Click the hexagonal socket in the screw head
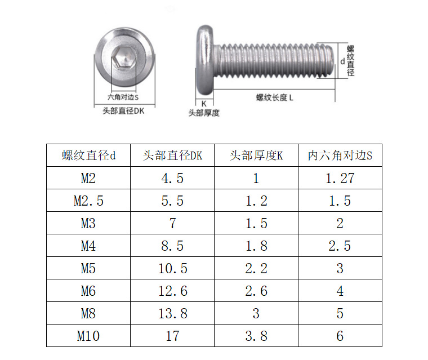coord(124,57)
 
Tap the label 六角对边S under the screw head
coord(123,97)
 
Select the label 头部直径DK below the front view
coord(123,111)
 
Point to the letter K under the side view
coord(204,104)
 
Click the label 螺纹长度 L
coord(275,97)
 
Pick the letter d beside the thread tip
coord(342,61)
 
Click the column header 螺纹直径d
coord(88,155)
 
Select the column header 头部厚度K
coord(256,155)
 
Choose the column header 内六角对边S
coord(340,155)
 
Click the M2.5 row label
coord(88,201)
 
